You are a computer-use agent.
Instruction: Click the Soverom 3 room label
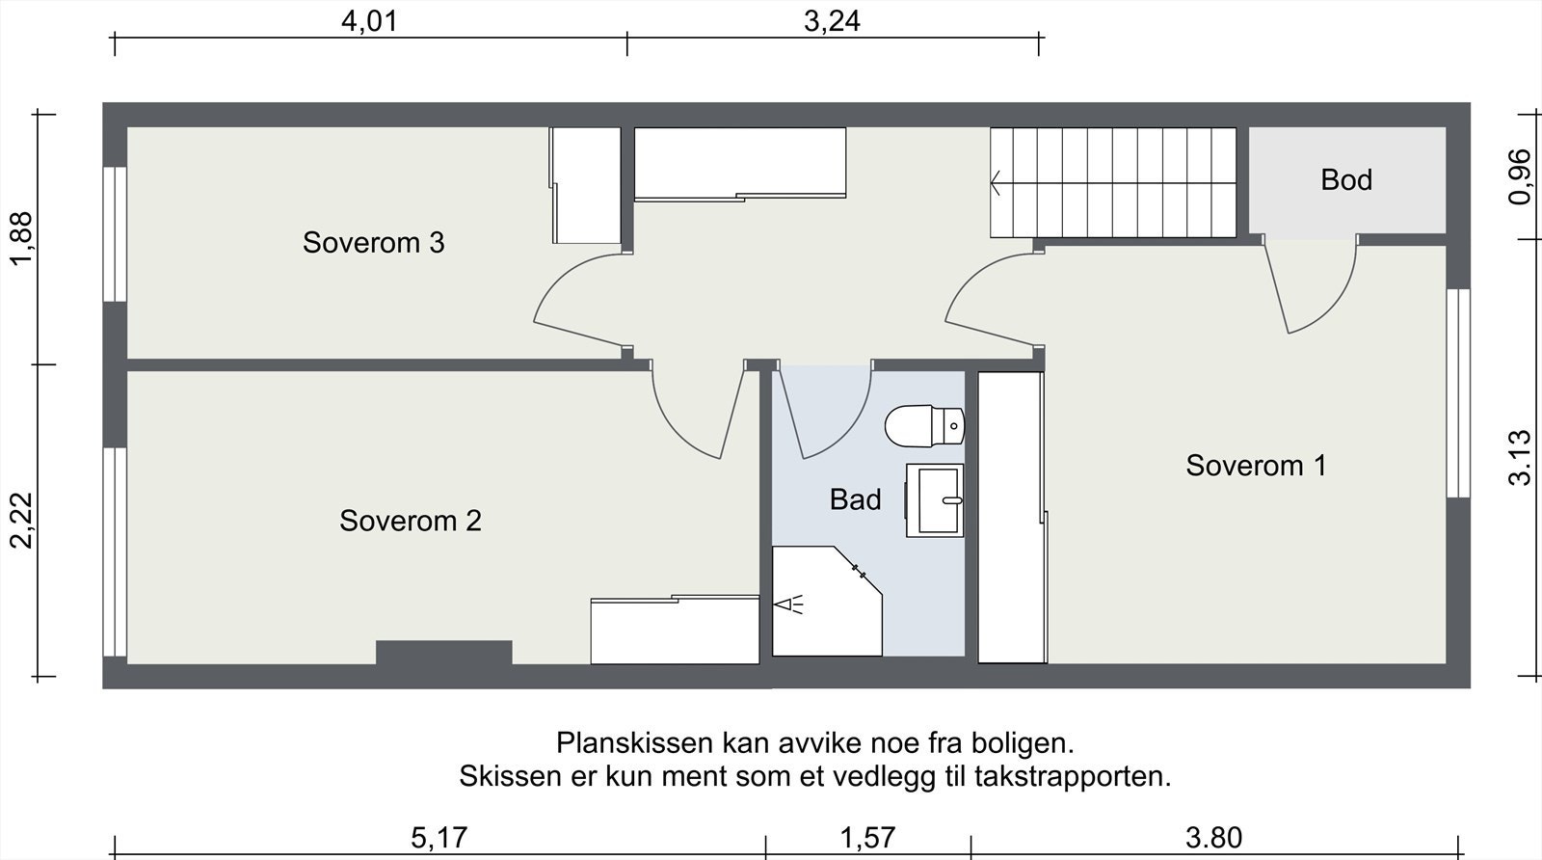coord(373,243)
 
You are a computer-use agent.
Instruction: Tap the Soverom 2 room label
coord(411,522)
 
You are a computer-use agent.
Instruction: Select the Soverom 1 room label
coord(1256,466)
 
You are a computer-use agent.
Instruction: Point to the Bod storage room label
coord(1345,180)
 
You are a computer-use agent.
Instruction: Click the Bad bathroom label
coord(855,499)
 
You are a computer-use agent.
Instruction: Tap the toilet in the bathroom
coord(924,426)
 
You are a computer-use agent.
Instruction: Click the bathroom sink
coord(934,499)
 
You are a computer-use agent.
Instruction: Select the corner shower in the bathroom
coord(827,600)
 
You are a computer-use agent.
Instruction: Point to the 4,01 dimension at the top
coord(370,21)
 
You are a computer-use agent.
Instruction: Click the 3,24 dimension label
coord(833,21)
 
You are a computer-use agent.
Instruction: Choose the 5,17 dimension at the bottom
coord(439,838)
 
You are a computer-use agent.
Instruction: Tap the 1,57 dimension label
coord(868,838)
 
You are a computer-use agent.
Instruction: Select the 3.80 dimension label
coord(1213,838)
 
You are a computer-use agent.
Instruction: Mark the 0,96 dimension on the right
coord(1519,177)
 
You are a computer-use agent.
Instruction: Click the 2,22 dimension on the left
coord(21,521)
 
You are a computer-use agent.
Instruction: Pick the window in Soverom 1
coord(1458,393)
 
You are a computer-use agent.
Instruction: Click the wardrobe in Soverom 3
coord(585,185)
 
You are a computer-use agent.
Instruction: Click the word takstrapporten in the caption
coord(1073,777)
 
